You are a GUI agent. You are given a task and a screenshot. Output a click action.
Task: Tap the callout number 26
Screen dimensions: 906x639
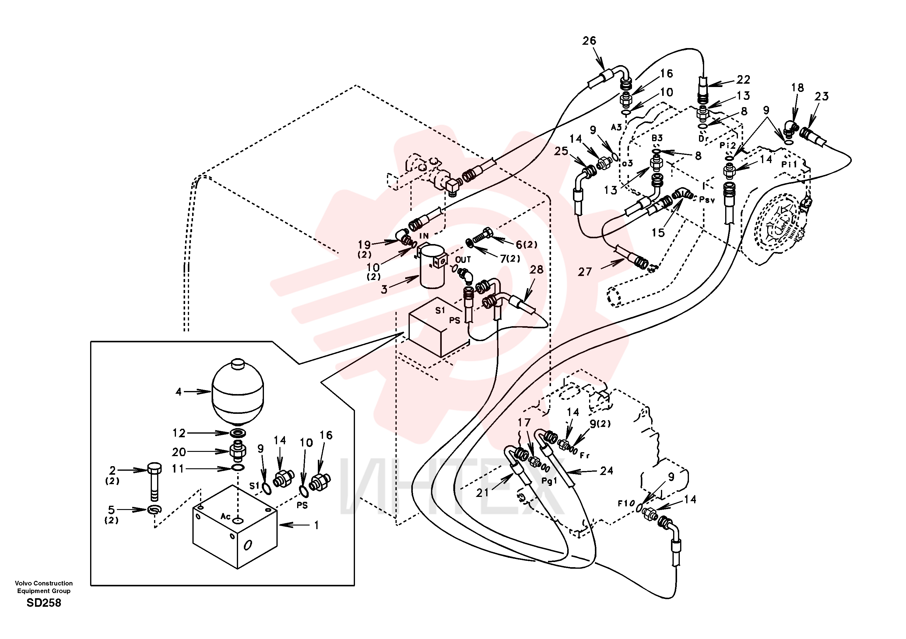589,41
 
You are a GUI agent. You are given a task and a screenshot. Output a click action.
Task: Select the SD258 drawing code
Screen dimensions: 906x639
44,603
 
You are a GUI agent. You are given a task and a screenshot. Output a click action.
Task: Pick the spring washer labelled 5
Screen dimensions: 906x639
154,510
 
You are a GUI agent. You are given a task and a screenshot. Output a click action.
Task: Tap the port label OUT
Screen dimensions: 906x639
463,260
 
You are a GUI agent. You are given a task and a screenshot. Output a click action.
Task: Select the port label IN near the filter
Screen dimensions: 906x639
424,236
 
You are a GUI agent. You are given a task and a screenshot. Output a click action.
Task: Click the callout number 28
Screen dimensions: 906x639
536,270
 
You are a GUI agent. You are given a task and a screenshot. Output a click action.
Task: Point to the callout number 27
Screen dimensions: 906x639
585,272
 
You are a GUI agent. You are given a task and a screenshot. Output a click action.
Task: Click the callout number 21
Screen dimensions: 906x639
482,493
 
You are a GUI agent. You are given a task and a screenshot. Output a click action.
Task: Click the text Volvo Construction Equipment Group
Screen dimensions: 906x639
44,587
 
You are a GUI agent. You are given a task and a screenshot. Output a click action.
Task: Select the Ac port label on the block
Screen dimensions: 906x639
225,516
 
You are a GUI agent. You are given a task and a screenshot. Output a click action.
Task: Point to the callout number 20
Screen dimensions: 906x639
179,452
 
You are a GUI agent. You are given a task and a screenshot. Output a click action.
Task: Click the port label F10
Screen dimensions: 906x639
626,503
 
